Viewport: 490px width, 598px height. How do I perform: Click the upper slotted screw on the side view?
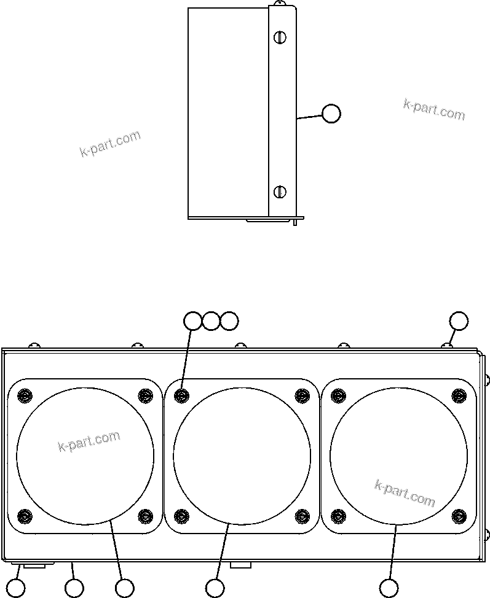click(280, 37)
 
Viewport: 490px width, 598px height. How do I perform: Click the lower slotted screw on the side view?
click(280, 192)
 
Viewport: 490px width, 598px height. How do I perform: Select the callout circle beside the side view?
click(331, 114)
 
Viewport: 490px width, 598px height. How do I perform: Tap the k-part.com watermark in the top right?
click(434, 110)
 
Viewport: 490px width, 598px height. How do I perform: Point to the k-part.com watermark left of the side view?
click(110, 144)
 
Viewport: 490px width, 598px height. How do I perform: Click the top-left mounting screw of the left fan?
click(24, 395)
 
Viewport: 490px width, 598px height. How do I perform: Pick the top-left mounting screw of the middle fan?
click(181, 395)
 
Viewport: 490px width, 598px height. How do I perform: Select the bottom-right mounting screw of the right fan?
click(459, 515)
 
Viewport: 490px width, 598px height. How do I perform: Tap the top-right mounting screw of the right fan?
click(459, 395)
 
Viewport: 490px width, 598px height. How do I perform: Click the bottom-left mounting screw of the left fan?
click(24, 515)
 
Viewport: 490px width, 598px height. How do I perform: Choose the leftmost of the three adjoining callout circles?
click(193, 320)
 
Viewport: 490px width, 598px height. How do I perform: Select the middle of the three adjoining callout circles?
click(211, 320)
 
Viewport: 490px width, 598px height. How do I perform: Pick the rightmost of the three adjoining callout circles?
click(229, 320)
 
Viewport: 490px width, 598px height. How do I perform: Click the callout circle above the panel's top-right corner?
click(459, 320)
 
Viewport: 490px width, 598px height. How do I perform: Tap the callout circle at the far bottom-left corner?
click(16, 588)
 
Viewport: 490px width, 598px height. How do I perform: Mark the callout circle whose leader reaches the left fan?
click(125, 588)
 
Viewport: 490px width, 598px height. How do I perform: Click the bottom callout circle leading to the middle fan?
click(215, 588)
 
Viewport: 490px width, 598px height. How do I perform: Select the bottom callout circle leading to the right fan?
click(388, 588)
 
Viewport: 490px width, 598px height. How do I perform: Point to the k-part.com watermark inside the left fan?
click(89, 441)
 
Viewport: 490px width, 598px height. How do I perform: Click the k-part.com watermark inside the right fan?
click(405, 493)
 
